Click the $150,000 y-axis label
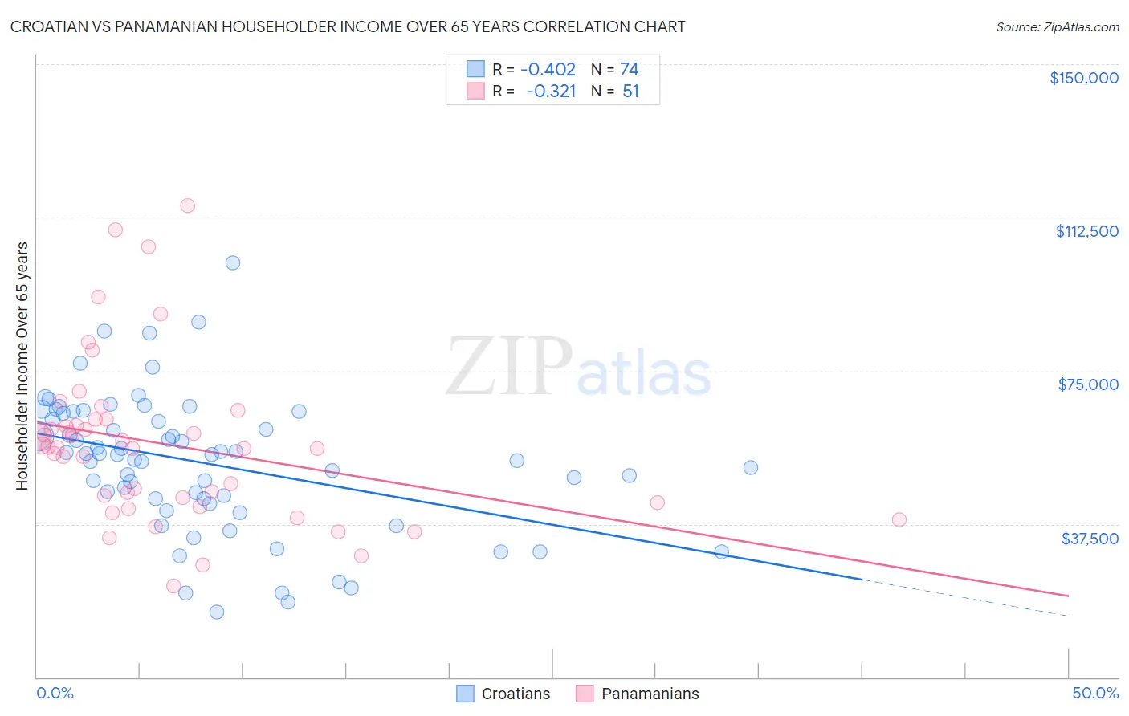pos(1083,78)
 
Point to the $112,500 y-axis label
pos(1086,231)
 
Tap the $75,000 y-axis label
pos(1088,384)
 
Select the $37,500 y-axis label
pos(1090,539)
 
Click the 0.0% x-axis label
pos(55,693)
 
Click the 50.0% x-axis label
pos(1094,693)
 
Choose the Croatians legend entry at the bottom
pos(503,694)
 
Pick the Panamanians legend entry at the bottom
pos(637,694)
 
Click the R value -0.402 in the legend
pos(548,70)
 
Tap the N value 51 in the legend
pos(630,91)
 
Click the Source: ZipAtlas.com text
pos(1057,26)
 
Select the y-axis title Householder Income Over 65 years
pos(22,366)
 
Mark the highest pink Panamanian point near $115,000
pos(187,205)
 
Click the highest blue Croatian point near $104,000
pos(232,262)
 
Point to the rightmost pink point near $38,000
pos(899,519)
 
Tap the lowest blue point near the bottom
pos(216,612)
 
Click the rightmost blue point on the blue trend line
pos(721,551)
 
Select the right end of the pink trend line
pos(1067,596)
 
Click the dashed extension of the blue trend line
pos(964,598)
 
